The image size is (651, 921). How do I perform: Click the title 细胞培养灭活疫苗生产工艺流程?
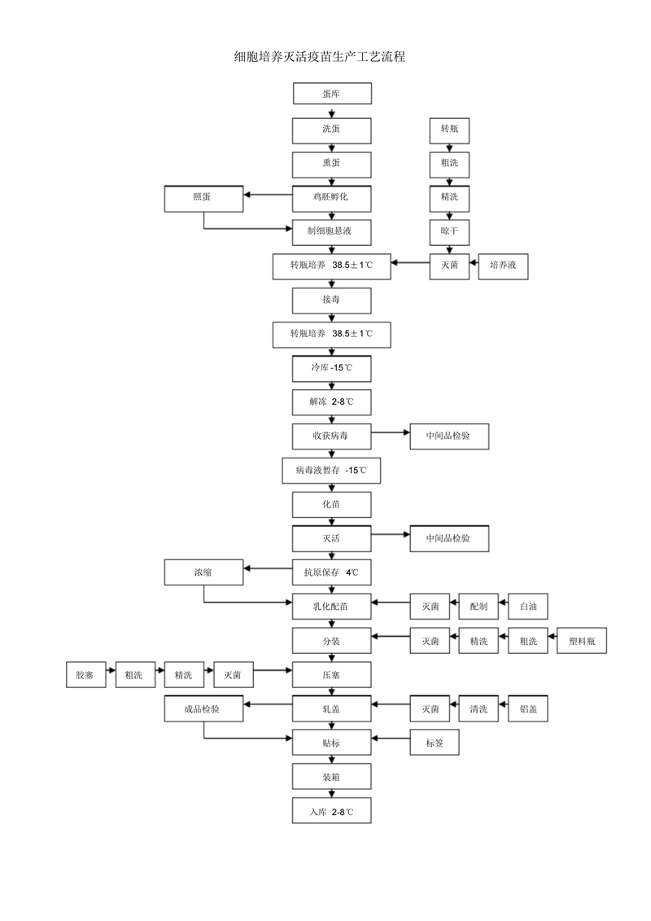click(x=319, y=57)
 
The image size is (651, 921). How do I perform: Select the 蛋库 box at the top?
click(x=331, y=94)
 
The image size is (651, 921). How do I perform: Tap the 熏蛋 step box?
click(x=331, y=162)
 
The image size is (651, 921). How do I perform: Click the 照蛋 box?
click(x=203, y=197)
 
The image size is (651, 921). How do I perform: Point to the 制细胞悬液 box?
click(x=331, y=231)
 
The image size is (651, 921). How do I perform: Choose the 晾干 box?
click(x=449, y=231)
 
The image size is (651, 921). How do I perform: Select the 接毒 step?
click(x=331, y=300)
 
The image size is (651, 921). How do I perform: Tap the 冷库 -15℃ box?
click(x=331, y=368)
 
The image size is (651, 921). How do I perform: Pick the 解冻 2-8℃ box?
click(x=331, y=402)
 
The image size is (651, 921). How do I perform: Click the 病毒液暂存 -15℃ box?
click(x=331, y=471)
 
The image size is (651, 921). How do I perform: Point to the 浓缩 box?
click(x=203, y=572)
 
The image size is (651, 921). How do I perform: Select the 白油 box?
click(x=528, y=607)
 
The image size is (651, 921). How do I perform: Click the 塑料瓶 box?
click(x=582, y=641)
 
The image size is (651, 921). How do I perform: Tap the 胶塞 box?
click(x=85, y=675)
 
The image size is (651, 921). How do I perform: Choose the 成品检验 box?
click(x=203, y=709)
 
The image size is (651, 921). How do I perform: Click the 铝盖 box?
click(x=528, y=709)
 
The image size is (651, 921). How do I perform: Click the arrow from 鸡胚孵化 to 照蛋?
click(x=269, y=195)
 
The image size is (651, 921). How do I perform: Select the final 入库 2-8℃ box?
click(x=331, y=812)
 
